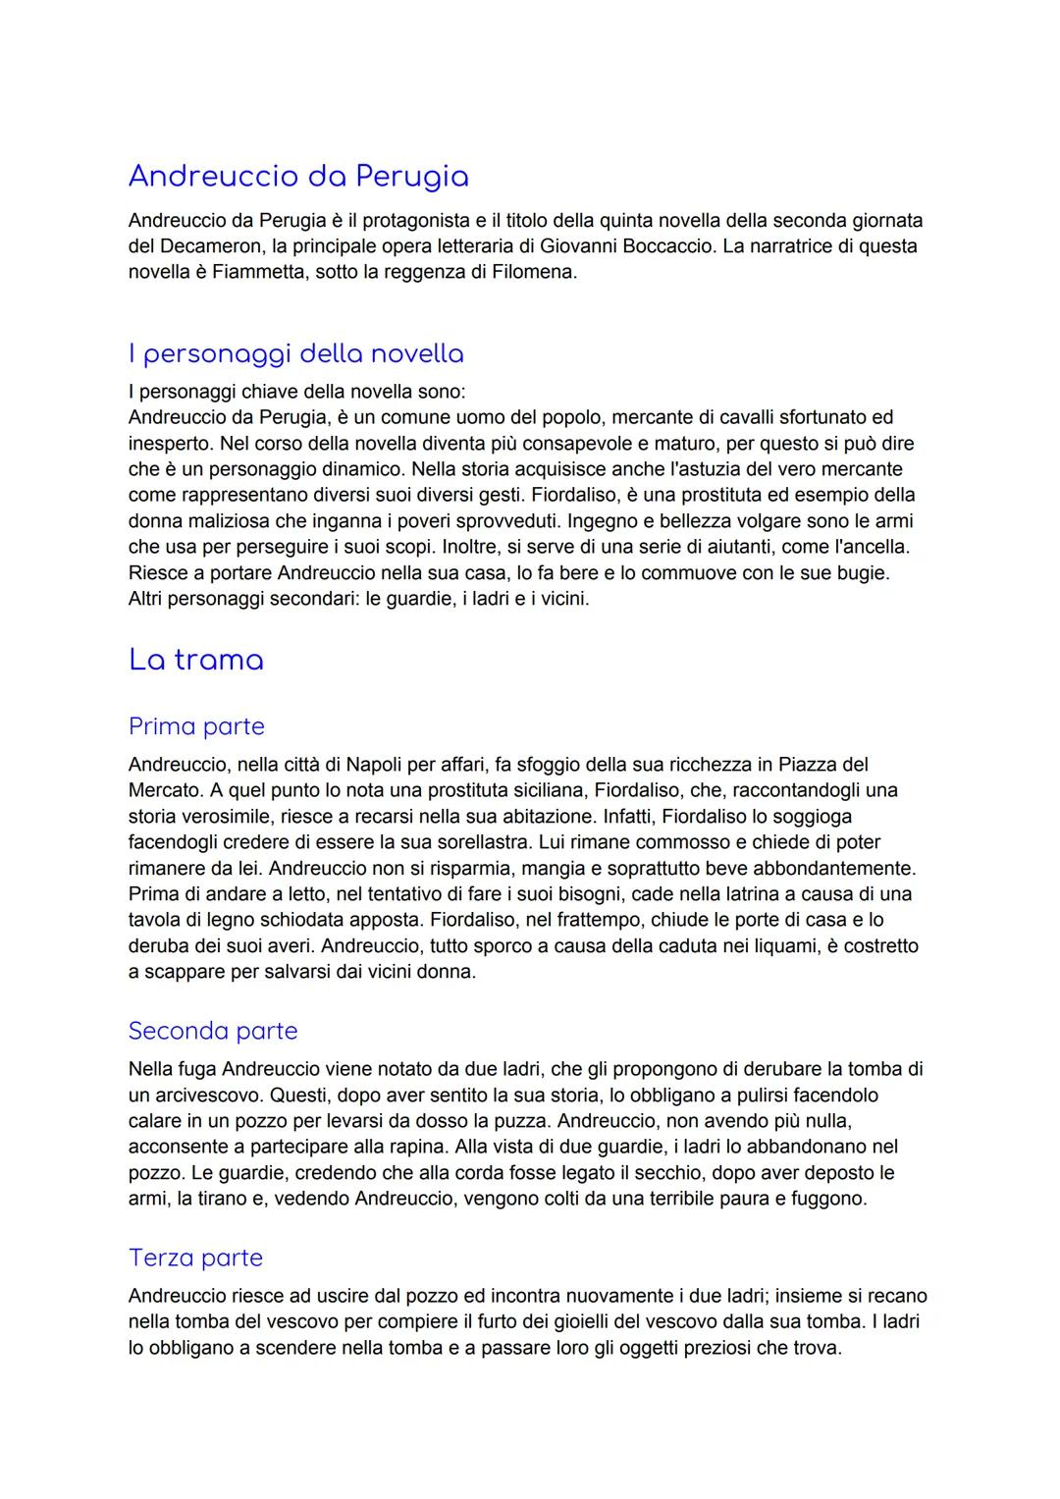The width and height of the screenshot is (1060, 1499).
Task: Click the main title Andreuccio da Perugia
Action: coord(298,177)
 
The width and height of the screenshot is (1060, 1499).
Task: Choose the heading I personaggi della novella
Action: coord(296,353)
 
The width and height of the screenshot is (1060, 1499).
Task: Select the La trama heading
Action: coord(196,660)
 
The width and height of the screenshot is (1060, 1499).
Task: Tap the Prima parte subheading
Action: coord(196,726)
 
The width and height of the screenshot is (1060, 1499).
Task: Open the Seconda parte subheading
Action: coord(213,1031)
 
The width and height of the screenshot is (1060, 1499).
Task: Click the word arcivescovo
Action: coord(202,1095)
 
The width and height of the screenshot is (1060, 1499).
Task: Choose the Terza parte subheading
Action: coord(196,1258)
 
